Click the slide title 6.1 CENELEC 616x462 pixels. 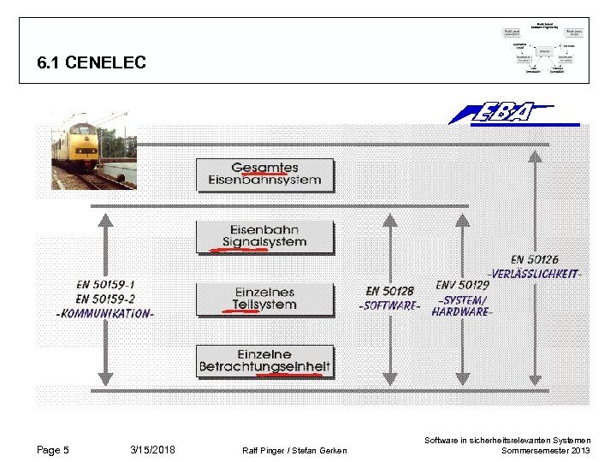click(x=92, y=62)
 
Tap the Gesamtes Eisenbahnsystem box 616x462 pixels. click(x=264, y=174)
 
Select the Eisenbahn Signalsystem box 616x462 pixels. click(x=264, y=236)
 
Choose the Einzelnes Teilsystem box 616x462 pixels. click(x=264, y=299)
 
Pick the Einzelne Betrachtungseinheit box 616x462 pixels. click(x=264, y=361)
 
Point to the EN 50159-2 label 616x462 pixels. click(x=105, y=299)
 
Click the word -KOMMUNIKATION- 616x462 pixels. click(x=105, y=314)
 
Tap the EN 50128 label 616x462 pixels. click(x=390, y=292)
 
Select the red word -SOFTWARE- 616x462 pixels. click(x=390, y=305)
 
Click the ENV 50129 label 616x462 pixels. click(x=463, y=285)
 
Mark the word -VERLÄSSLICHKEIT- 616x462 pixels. click(x=534, y=274)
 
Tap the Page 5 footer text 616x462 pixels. click(x=53, y=450)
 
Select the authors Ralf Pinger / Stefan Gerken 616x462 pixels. click(x=295, y=451)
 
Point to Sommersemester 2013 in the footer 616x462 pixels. click(x=545, y=451)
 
